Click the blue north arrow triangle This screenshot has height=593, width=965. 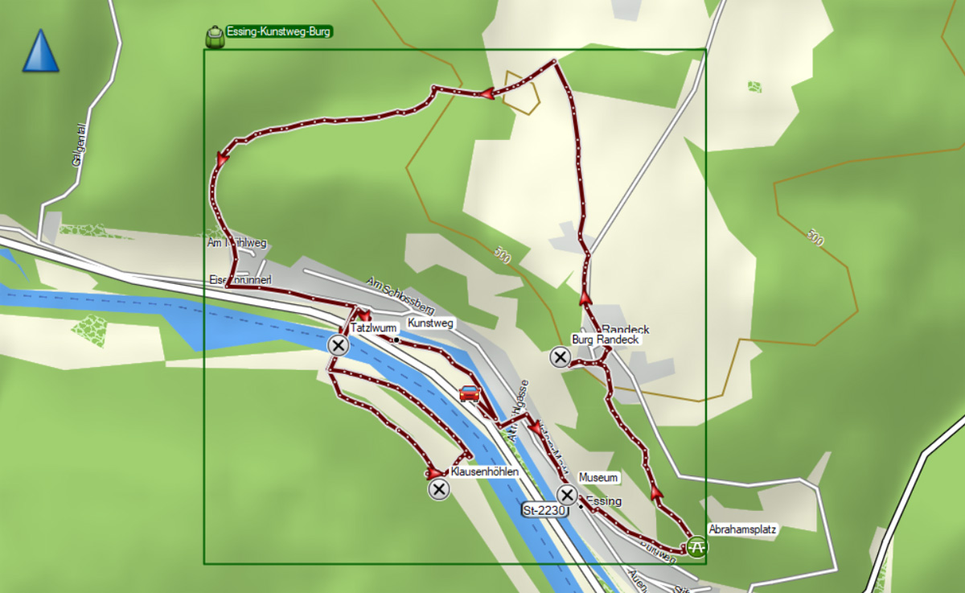(40, 51)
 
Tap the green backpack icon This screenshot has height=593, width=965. (215, 36)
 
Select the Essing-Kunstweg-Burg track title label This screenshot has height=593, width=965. (279, 32)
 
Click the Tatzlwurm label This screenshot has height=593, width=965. (374, 328)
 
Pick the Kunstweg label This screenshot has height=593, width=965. (431, 323)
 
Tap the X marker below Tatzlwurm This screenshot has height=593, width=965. (338, 346)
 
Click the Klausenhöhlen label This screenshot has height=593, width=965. (484, 472)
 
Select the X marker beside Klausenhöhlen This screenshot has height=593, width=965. (438, 489)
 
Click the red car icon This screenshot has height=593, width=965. (470, 393)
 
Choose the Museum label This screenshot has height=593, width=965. (598, 478)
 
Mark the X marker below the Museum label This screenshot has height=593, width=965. (568, 495)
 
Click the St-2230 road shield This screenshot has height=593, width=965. (544, 510)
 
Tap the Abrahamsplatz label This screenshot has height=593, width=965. (743, 529)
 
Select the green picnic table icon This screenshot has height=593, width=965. (698, 547)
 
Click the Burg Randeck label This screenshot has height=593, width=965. (605, 340)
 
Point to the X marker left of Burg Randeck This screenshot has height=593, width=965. (560, 356)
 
